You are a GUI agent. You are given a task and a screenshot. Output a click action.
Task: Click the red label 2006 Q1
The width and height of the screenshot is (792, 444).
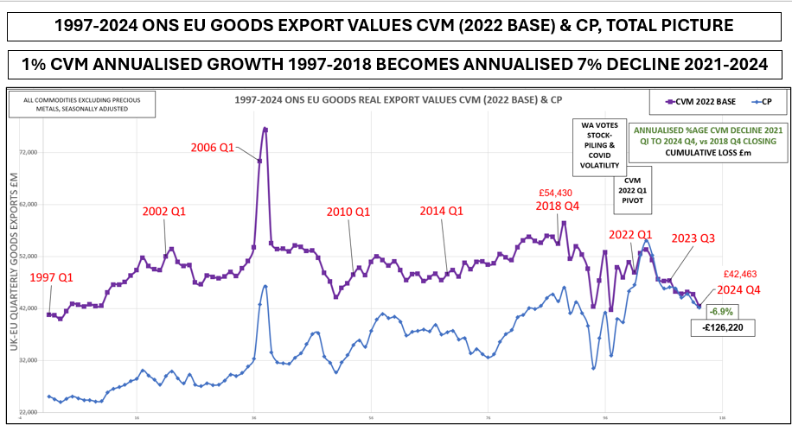[x=212, y=148]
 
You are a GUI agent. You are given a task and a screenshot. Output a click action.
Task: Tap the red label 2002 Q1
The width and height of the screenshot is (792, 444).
[x=164, y=211]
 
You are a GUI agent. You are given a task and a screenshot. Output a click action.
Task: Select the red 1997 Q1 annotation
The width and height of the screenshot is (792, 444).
[x=52, y=277]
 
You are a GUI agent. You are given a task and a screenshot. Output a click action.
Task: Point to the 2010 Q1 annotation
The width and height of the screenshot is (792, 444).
[x=348, y=212]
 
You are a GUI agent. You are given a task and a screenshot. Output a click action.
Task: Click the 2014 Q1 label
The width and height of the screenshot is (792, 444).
[x=442, y=211]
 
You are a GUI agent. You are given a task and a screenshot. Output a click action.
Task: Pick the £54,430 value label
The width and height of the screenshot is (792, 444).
[x=555, y=194]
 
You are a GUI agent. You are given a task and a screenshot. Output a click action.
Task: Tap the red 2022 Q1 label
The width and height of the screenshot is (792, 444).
[x=630, y=234]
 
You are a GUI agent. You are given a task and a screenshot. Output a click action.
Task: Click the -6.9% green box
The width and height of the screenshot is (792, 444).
[x=722, y=311]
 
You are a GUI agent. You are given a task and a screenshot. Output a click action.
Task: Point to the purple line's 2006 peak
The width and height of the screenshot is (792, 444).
[x=265, y=129]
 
